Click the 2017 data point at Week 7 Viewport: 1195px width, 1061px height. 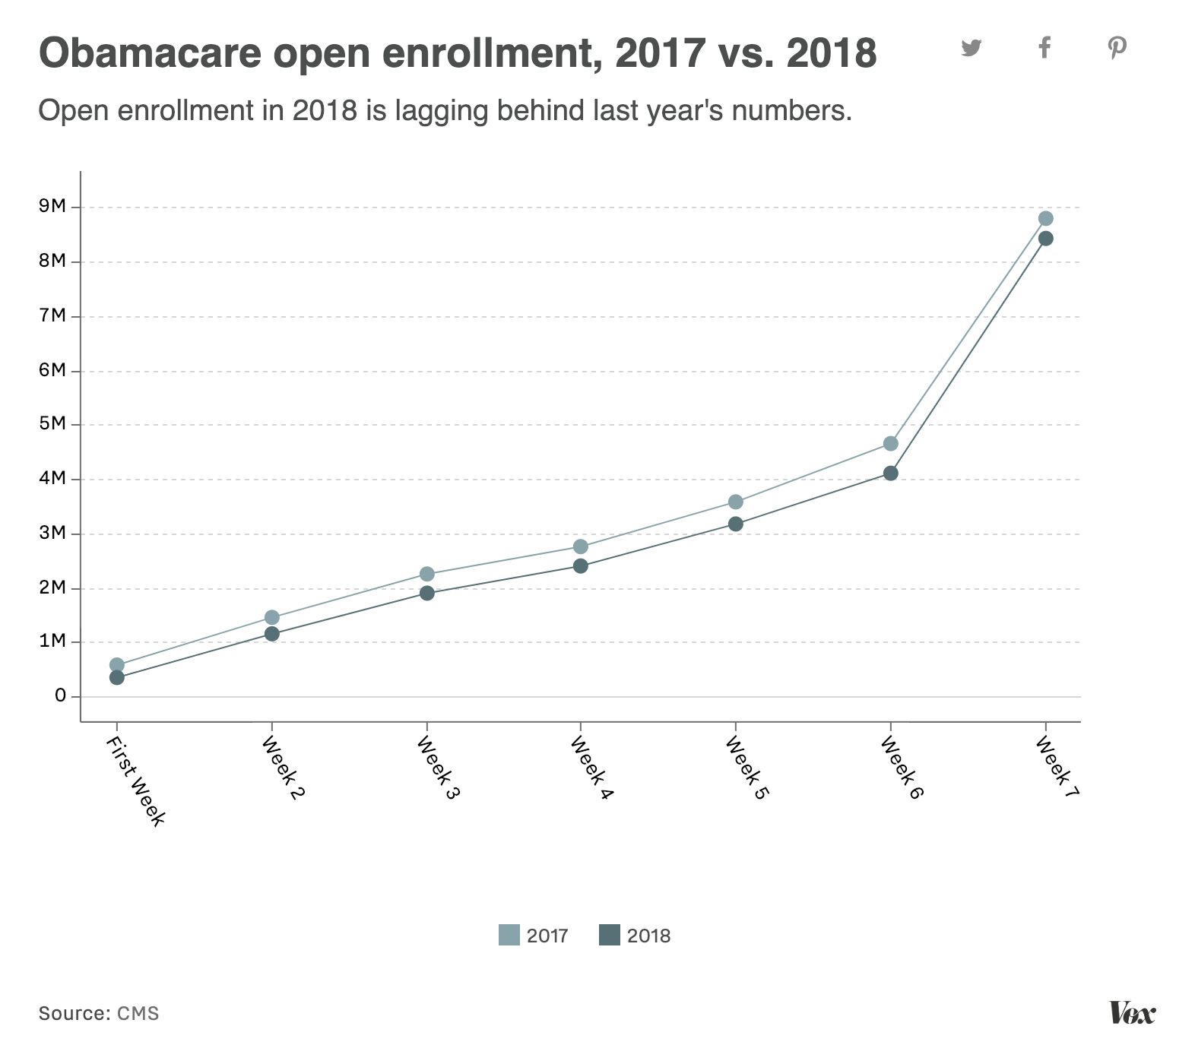(x=1045, y=219)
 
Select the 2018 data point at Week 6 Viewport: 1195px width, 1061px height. (x=890, y=473)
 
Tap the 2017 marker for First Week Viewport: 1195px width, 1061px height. (x=117, y=665)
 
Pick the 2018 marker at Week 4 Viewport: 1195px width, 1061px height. (x=581, y=566)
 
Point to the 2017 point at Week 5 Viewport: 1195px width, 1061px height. (x=736, y=502)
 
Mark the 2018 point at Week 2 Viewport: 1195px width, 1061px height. (x=272, y=634)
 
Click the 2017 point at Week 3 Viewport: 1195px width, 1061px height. (x=427, y=574)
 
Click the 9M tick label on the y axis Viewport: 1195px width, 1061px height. (x=53, y=207)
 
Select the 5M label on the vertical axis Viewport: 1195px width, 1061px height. (x=53, y=423)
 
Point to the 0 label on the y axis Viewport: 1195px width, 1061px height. (x=60, y=695)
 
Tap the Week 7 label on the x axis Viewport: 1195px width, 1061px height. (x=1057, y=767)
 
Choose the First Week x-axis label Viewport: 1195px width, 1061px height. (x=135, y=781)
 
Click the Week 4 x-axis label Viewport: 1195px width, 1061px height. (x=592, y=768)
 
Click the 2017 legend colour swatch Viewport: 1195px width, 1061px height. (x=509, y=935)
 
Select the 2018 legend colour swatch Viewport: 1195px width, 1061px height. (x=610, y=935)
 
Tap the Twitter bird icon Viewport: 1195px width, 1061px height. (x=971, y=48)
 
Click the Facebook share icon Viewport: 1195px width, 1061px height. (x=1044, y=47)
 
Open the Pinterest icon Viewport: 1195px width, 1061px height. (x=1117, y=48)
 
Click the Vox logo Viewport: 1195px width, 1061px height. (x=1132, y=1013)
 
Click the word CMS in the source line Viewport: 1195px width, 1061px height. (x=138, y=1013)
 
